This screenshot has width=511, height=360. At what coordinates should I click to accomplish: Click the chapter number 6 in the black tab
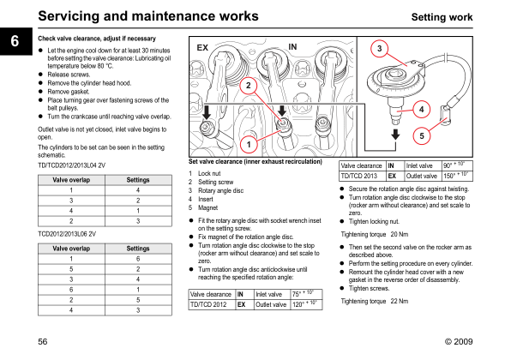click(15, 41)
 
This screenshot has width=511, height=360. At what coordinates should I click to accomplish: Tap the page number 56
click(43, 341)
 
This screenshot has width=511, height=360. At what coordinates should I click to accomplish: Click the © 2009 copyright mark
click(459, 341)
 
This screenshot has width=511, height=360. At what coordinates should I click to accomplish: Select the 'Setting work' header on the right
click(442, 17)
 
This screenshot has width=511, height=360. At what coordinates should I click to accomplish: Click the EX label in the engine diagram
click(202, 48)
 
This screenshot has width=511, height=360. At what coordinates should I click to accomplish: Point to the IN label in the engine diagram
click(292, 47)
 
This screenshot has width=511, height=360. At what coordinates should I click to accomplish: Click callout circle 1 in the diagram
click(249, 144)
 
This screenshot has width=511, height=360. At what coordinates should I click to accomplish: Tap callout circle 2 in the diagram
click(249, 86)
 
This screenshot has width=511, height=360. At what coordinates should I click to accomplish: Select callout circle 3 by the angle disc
click(379, 49)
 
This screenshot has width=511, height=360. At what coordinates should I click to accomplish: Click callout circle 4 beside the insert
click(421, 110)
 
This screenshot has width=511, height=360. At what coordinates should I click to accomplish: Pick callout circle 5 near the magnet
click(422, 135)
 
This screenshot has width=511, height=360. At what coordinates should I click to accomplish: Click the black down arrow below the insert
click(395, 135)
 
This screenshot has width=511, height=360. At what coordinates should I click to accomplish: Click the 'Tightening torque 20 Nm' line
click(375, 234)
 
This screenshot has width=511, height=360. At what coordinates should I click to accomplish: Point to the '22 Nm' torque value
click(400, 301)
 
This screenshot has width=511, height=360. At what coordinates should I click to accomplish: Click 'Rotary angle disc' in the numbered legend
click(220, 190)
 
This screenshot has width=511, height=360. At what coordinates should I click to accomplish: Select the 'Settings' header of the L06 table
click(138, 249)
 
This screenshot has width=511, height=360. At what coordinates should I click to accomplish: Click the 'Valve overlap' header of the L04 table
click(71, 180)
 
